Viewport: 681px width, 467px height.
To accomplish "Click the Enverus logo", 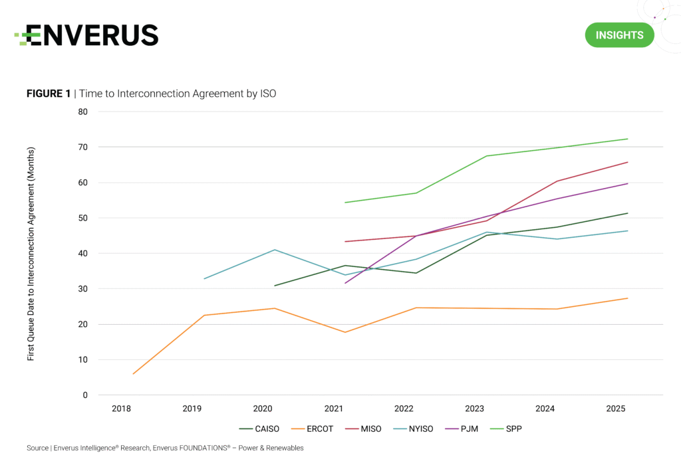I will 86,35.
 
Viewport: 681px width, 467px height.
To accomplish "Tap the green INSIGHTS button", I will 619,35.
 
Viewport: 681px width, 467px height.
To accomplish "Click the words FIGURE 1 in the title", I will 48,94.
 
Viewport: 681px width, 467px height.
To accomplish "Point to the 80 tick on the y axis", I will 82,112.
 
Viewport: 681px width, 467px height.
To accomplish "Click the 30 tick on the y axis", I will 82,289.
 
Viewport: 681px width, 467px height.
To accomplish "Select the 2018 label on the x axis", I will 122,408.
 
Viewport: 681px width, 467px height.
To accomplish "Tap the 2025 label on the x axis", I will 616,408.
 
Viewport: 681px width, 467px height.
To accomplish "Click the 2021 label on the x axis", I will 333,408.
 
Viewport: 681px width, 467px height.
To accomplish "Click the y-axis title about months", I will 31,254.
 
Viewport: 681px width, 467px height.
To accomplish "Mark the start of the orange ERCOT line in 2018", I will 133,374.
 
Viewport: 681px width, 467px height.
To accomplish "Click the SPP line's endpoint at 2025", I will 628,139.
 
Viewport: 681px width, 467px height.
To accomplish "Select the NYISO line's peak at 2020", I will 275,250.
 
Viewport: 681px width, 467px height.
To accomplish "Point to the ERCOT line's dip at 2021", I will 345,332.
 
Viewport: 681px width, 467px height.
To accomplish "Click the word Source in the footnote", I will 37,448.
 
